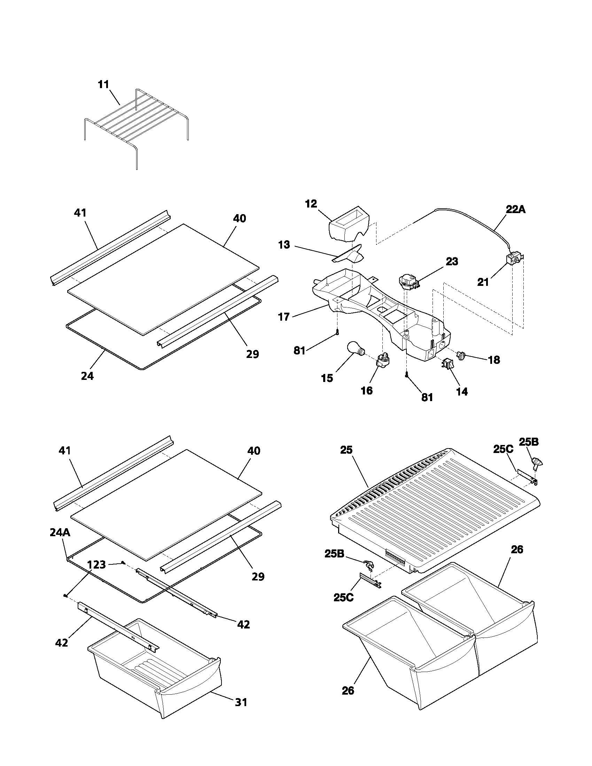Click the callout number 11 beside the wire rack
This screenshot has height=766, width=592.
coord(103,85)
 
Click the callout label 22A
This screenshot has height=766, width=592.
coord(515,209)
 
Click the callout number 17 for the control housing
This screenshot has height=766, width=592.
coord(284,317)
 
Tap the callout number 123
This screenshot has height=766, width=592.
coord(96,564)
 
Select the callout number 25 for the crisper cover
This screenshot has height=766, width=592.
coord(346,450)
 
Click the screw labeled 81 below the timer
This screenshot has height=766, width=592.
coord(406,375)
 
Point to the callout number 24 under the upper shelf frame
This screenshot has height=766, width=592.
coord(87,376)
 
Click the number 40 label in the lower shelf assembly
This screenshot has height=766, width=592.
coord(254,451)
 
